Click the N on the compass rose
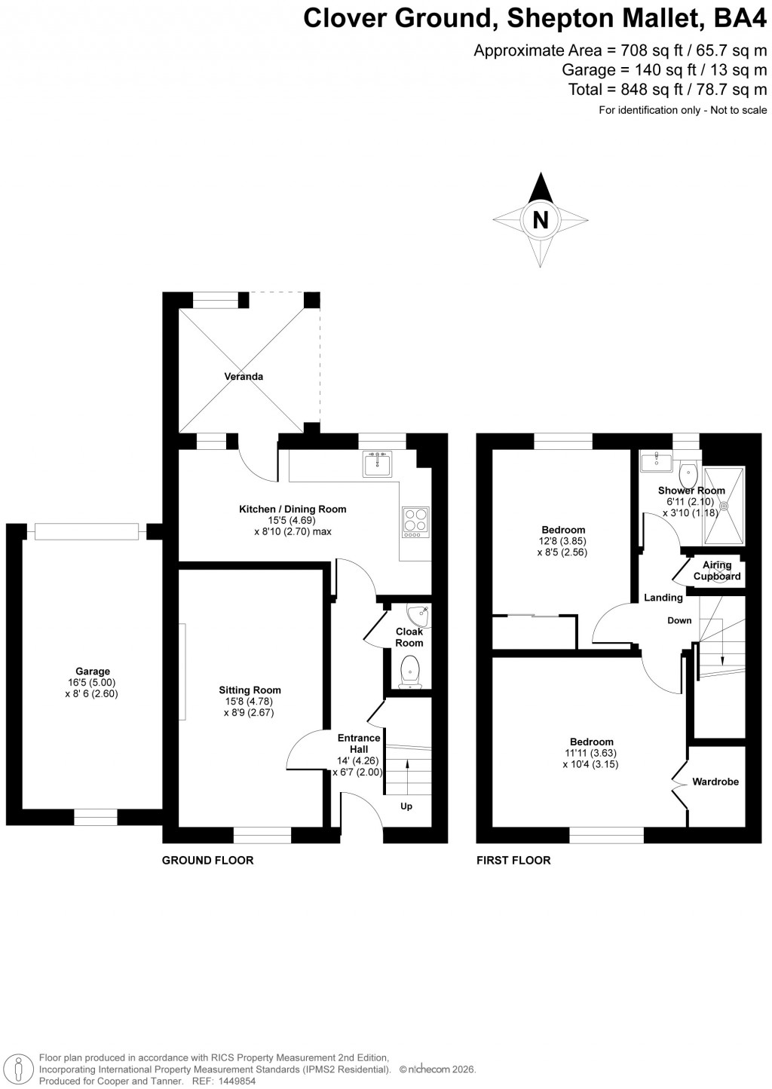[x=540, y=219]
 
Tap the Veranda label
[x=243, y=376]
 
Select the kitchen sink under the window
[x=377, y=464]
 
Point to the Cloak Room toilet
[x=410, y=671]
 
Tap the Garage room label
[x=92, y=671]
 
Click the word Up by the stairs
[x=406, y=806]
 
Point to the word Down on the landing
[x=679, y=621]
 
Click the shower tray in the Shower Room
[x=724, y=506]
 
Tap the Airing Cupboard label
[x=717, y=571]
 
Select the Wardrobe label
[x=715, y=782]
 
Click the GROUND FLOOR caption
[x=208, y=860]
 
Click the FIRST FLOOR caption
[x=513, y=860]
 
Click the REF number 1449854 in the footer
[x=236, y=1081]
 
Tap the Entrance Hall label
[x=359, y=744]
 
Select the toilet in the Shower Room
[x=688, y=475]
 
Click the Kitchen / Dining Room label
[x=293, y=509]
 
